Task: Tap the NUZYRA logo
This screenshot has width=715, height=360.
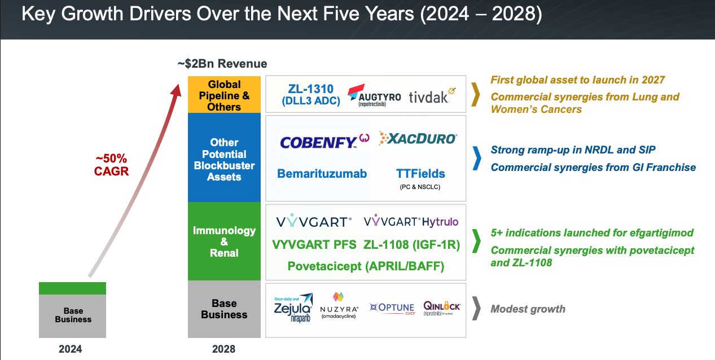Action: pyautogui.click(x=339, y=306)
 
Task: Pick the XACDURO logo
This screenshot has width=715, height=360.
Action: pyautogui.click(x=418, y=138)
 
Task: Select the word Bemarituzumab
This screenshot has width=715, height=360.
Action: pyautogui.click(x=322, y=174)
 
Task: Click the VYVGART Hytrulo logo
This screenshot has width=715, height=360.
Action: pyautogui.click(x=411, y=222)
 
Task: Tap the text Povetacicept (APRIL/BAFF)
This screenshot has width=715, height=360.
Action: pyautogui.click(x=365, y=266)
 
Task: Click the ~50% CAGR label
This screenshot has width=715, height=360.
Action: pyautogui.click(x=111, y=165)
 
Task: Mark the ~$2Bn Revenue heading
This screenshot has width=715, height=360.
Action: pyautogui.click(x=222, y=64)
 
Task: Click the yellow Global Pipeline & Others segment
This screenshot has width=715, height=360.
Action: pyautogui.click(x=224, y=94)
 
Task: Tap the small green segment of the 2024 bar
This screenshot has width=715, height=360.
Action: pyautogui.click(x=72, y=288)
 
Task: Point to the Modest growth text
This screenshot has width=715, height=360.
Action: pyautogui.click(x=528, y=309)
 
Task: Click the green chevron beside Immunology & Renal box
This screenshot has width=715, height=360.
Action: pyautogui.click(x=476, y=242)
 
